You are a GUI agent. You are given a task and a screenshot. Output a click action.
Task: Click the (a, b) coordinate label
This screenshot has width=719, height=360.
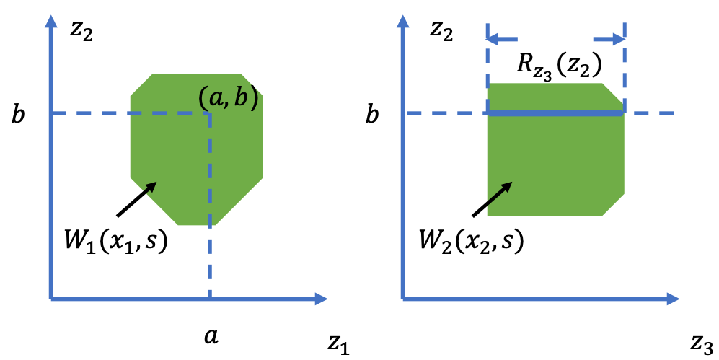(228, 97)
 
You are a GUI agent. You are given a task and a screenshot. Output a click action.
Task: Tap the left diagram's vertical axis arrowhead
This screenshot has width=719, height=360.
(50, 22)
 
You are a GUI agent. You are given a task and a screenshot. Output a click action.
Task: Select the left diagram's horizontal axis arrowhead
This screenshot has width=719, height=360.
(321, 299)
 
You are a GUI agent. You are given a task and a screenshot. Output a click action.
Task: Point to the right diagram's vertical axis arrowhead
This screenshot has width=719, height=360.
(402, 22)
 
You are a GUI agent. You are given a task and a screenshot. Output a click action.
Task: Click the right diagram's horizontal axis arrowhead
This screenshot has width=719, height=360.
(673, 299)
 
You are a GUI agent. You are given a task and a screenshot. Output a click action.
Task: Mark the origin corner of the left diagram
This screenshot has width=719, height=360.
(50, 299)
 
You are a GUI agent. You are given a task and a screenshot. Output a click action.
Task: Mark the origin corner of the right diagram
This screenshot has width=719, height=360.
(402, 299)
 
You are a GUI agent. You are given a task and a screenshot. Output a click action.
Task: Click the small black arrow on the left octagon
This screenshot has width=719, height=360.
(149, 188)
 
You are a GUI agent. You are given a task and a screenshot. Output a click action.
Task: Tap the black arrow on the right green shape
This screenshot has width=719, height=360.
(499, 193)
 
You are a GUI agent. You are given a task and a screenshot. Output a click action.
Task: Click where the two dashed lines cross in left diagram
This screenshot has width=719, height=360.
(210, 113)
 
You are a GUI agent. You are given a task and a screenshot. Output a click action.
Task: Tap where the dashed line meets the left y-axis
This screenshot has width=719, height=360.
(50, 113)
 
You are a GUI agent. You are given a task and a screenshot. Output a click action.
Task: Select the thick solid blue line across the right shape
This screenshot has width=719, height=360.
(555, 113)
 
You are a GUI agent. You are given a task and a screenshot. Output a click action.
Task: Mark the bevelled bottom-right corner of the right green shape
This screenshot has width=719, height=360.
(614, 206)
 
